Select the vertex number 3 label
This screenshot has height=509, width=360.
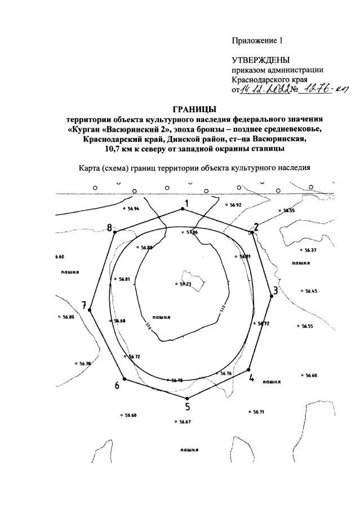pos(275,291)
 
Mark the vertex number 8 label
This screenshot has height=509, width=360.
pos(110,227)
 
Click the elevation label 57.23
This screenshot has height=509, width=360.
pos(186,284)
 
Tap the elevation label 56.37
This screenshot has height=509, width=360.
pos(310,250)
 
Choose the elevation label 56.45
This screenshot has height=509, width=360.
pos(311,291)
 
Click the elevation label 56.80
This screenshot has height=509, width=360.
pos(67,317)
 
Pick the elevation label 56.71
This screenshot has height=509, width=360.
pos(258,412)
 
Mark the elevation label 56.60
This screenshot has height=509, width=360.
pos(130,416)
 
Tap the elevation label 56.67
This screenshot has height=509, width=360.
pos(185,422)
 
